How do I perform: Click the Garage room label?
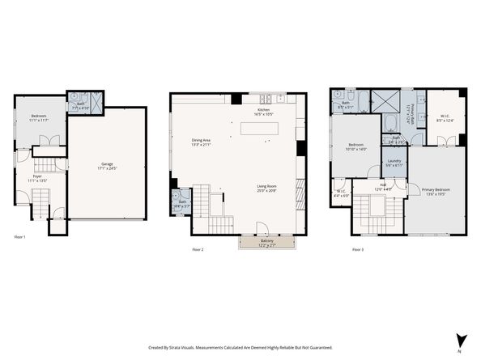108,166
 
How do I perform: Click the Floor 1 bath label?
80,104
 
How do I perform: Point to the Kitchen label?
263,112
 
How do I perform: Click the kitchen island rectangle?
259,128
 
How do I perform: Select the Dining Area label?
202,142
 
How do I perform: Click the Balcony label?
266,242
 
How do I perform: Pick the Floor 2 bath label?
181,203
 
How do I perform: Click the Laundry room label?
394,162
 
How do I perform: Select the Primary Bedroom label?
436,191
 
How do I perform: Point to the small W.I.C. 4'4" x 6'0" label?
341,193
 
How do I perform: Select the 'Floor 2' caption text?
198,250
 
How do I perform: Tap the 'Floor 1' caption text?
20,237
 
